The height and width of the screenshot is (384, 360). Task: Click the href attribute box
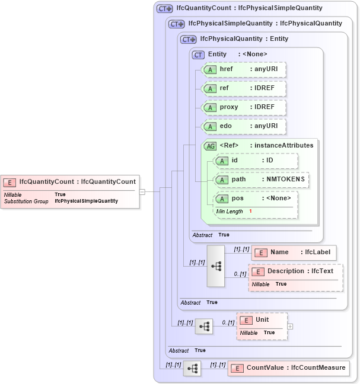click(x=244, y=69)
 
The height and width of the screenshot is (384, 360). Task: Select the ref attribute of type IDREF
click(x=244, y=88)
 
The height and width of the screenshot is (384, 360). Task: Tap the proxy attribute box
click(x=244, y=107)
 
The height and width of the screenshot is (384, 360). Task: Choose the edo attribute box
click(x=244, y=126)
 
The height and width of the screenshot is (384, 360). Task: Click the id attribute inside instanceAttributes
click(x=256, y=161)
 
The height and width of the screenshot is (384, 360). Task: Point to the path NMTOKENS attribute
click(x=262, y=180)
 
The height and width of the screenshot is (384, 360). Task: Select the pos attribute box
click(x=256, y=199)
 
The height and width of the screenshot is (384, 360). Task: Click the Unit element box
click(x=262, y=320)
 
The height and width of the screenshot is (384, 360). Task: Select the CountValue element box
click(x=289, y=368)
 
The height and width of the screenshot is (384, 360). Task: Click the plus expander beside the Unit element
click(x=290, y=326)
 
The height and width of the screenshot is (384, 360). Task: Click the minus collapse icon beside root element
click(x=142, y=191)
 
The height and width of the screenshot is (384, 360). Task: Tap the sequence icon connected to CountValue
click(x=192, y=369)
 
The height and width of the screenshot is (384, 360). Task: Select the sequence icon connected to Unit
click(x=204, y=326)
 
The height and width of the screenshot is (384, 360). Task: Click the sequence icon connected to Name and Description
click(x=216, y=266)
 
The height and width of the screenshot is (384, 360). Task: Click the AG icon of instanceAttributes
click(x=210, y=146)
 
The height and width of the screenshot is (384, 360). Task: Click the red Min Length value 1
click(x=251, y=212)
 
